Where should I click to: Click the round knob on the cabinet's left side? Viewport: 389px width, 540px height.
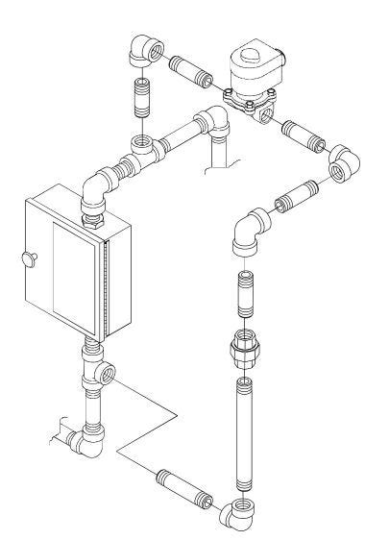(x=25, y=257)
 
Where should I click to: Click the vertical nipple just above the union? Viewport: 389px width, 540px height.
(x=245, y=298)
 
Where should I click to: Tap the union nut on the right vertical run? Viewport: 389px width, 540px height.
(x=245, y=349)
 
